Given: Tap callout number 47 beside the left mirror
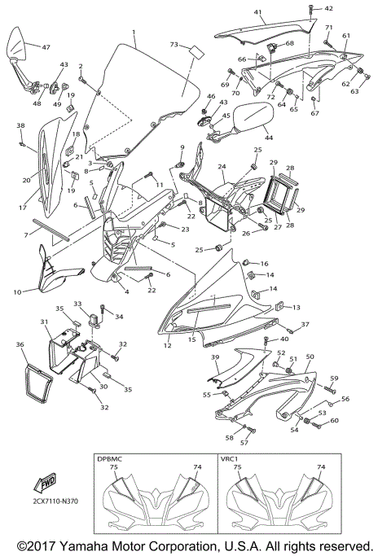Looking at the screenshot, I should [x=46, y=47].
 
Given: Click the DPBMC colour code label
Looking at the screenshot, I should [x=109, y=459].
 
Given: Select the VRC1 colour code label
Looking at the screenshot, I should [x=231, y=459].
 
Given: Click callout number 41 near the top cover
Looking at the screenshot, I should [x=258, y=12].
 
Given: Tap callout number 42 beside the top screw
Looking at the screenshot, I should [x=329, y=9].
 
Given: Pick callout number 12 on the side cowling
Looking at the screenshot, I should [x=166, y=347].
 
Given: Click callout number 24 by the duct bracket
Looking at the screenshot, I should [x=221, y=166].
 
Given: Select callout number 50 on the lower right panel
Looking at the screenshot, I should [x=310, y=357].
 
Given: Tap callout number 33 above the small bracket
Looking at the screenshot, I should [x=78, y=303].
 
